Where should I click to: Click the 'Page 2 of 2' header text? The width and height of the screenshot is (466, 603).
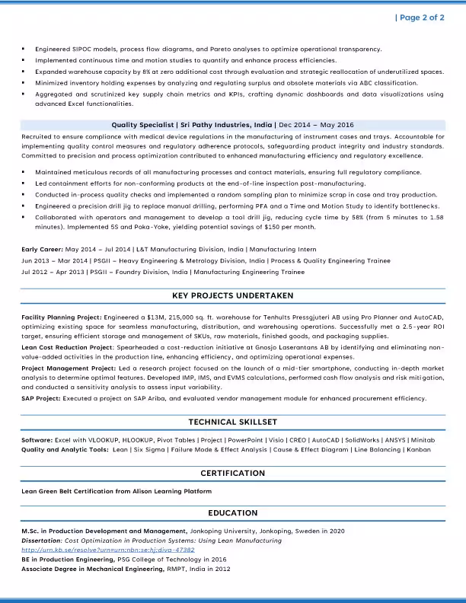click(420, 18)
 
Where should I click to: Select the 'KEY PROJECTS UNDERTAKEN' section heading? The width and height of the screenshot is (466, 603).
click(232, 295)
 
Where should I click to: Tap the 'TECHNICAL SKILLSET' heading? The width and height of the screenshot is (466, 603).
click(232, 422)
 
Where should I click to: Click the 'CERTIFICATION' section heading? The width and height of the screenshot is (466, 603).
click(232, 473)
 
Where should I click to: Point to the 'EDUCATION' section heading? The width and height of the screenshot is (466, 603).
click(232, 512)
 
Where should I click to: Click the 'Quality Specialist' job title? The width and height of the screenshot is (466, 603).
click(142, 123)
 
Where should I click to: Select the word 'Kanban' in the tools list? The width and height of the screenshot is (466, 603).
click(418, 449)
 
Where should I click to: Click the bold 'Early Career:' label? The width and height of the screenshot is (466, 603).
click(43, 249)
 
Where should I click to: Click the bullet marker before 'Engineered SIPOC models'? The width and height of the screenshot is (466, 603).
click(24, 49)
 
